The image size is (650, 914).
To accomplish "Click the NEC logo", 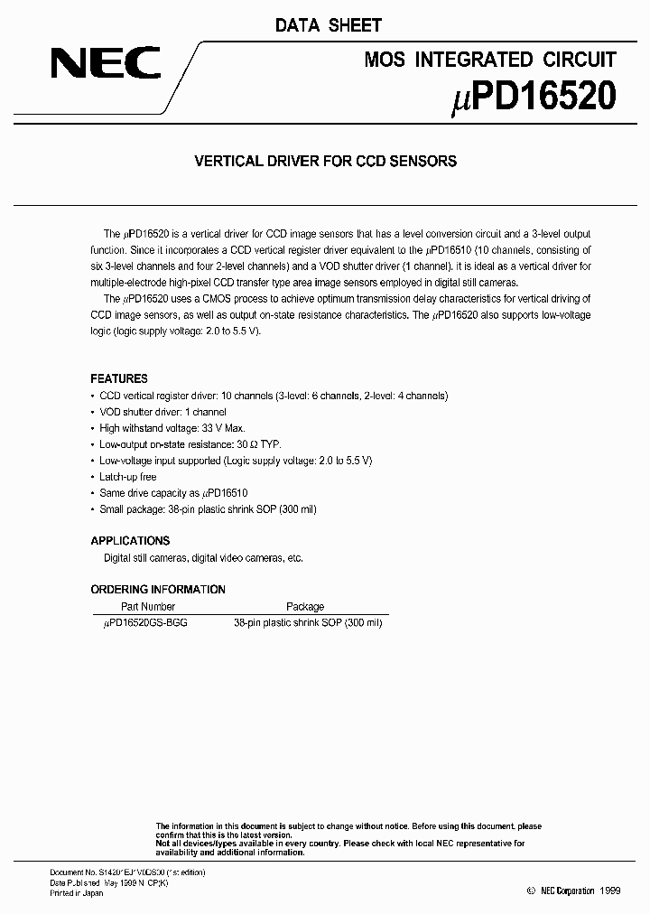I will coord(105,63).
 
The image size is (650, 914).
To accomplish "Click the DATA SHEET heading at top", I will coord(329,25).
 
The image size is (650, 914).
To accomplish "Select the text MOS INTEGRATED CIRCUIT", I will coord(490,60).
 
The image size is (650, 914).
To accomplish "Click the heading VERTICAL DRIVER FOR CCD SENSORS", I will coord(326,162).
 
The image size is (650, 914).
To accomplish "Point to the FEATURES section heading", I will coord(119,378).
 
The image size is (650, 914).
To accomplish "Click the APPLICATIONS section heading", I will coord(130,540).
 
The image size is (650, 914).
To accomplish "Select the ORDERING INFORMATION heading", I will coord(158,589).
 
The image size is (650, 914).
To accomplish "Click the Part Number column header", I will coord(148,607).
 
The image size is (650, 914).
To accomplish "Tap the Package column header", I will coord(305,607).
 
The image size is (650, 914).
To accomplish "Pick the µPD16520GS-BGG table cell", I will coord(147,623).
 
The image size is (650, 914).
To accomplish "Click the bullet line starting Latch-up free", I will coord(127,477).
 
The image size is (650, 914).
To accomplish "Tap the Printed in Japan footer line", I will coord(76,893).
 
